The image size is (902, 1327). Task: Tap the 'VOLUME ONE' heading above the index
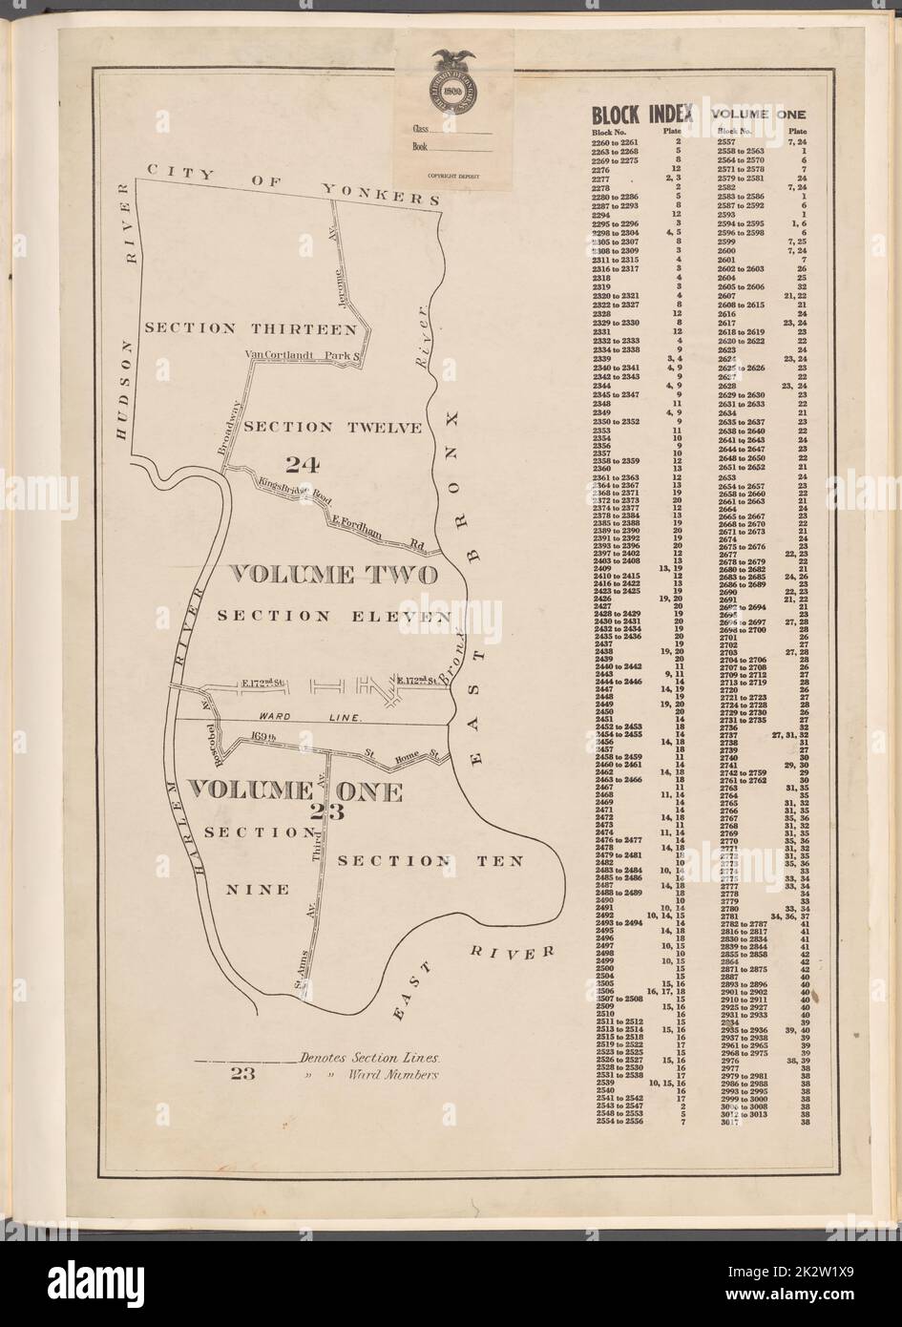758,116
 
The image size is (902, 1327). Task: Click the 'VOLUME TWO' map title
335,576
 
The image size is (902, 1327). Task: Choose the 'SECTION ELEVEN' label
333,617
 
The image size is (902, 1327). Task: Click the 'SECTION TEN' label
430,861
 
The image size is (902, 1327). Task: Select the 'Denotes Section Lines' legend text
368,1059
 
